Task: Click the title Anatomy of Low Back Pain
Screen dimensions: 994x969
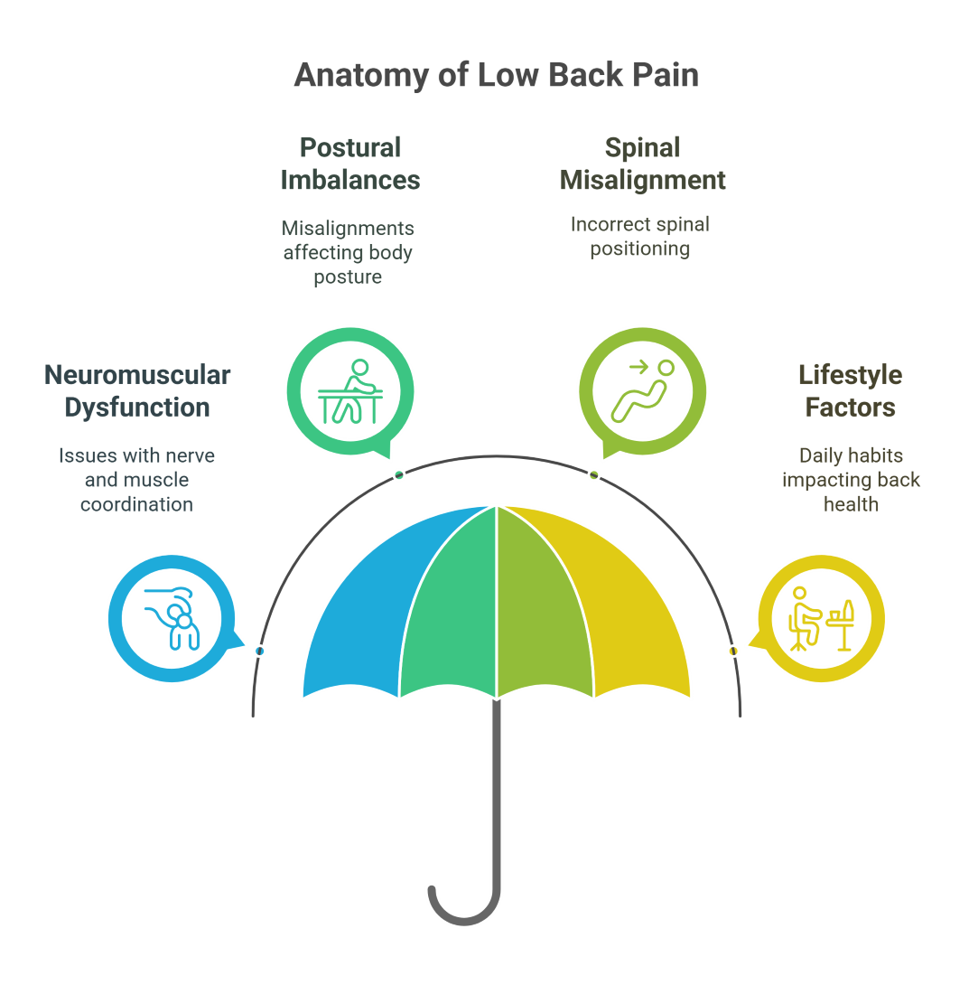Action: (496, 76)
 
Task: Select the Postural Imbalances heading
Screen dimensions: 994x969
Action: (349, 164)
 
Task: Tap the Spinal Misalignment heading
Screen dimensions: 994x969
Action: (642, 164)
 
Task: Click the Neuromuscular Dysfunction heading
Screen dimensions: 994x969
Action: (137, 390)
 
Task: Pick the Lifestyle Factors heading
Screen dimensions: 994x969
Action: (850, 390)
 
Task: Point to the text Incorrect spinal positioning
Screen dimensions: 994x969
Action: (640, 236)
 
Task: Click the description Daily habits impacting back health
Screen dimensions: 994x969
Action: (851, 480)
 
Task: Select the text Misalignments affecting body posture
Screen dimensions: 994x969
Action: (348, 252)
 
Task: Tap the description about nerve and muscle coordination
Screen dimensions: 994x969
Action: (136, 480)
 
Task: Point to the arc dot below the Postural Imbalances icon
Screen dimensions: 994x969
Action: (399, 475)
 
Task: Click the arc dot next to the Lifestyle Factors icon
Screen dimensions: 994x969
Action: (733, 651)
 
